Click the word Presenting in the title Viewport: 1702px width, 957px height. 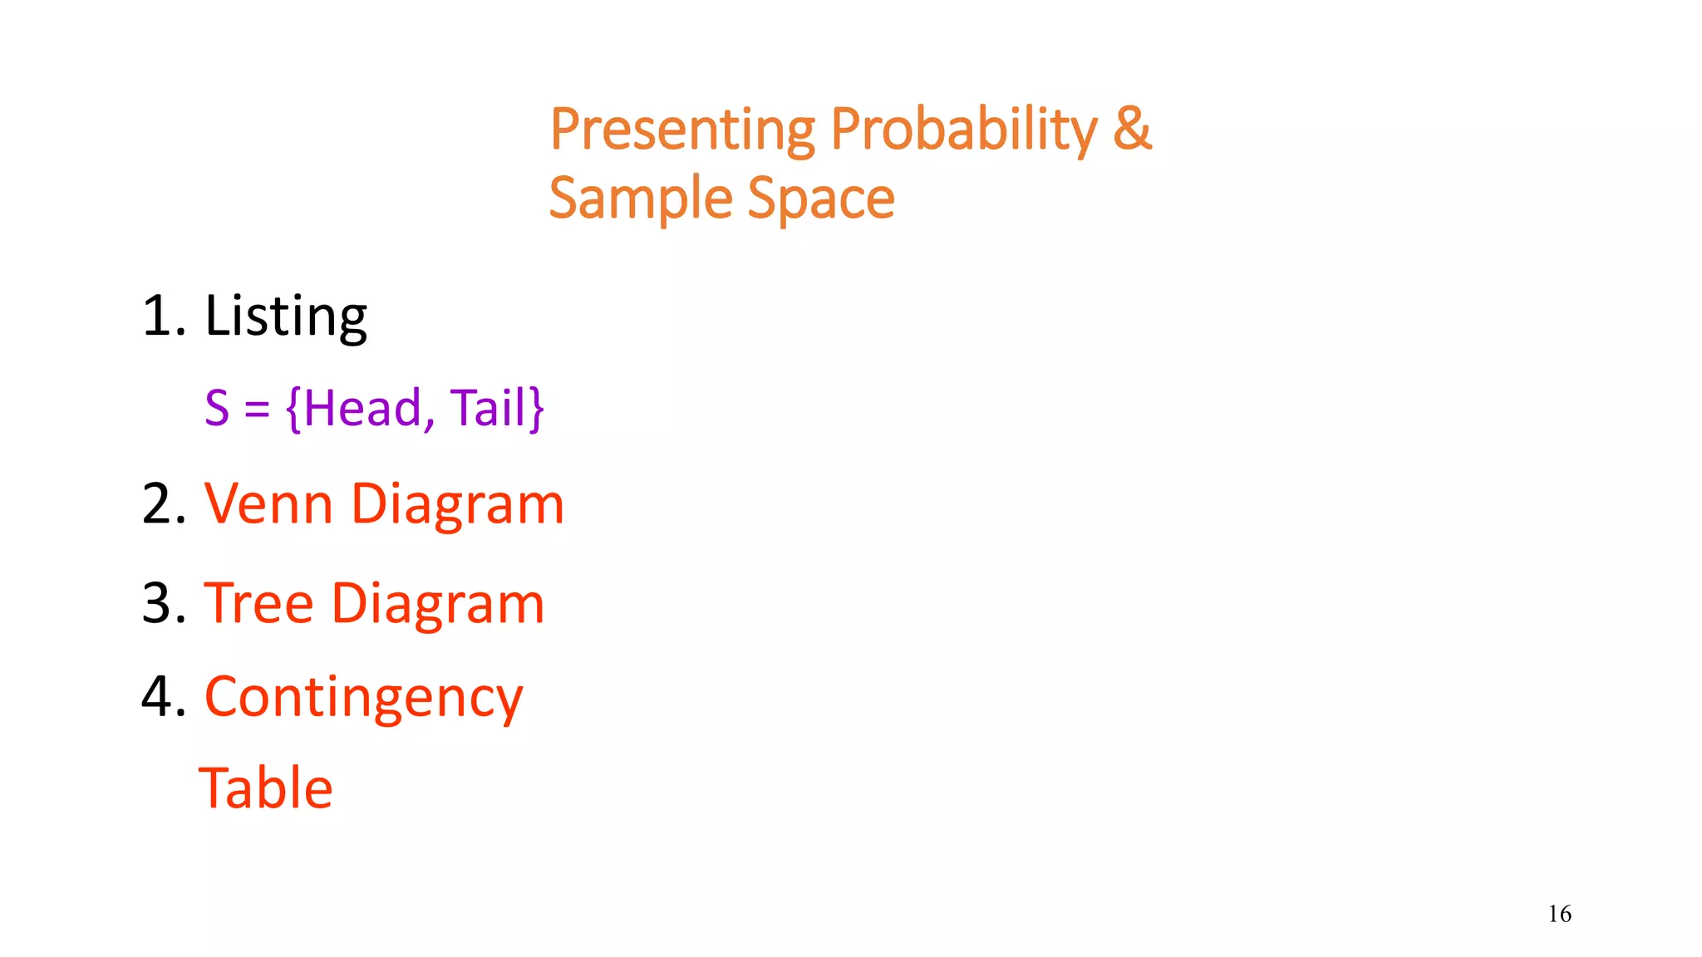pos(682,130)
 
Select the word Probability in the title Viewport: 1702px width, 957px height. pos(964,130)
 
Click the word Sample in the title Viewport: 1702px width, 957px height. pos(641,199)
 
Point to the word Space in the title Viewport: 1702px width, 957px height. pos(821,199)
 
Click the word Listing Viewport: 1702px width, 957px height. pos(285,317)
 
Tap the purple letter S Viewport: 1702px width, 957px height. pos(217,408)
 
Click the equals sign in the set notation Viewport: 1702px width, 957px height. pos(257,410)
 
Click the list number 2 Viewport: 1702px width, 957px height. pos(161,504)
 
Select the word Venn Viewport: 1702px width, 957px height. pos(268,504)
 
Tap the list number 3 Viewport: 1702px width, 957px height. pos(161,603)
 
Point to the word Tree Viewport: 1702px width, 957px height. pos(258,603)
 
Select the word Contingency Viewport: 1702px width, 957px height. pos(363,699)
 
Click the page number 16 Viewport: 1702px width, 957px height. pos(1559,914)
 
